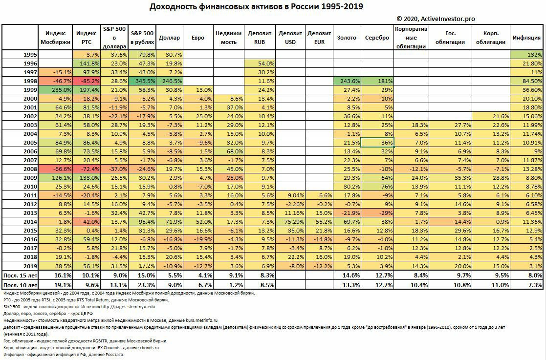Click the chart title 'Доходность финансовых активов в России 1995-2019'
(256, 7)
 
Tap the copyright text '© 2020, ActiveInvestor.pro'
(435, 19)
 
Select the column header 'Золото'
(347, 38)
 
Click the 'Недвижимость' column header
(228, 38)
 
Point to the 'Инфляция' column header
(526, 38)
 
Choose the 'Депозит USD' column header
(290, 38)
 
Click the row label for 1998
(30, 81)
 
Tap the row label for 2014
(30, 222)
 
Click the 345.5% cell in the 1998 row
(142, 81)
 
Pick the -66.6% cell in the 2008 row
(55, 169)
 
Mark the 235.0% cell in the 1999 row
(55, 90)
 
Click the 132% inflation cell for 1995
(526, 55)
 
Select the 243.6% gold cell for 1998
(347, 81)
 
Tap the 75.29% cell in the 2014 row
(290, 222)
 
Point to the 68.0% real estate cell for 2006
(228, 151)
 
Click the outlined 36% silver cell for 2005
(377, 143)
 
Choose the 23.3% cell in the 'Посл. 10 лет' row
(142, 285)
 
